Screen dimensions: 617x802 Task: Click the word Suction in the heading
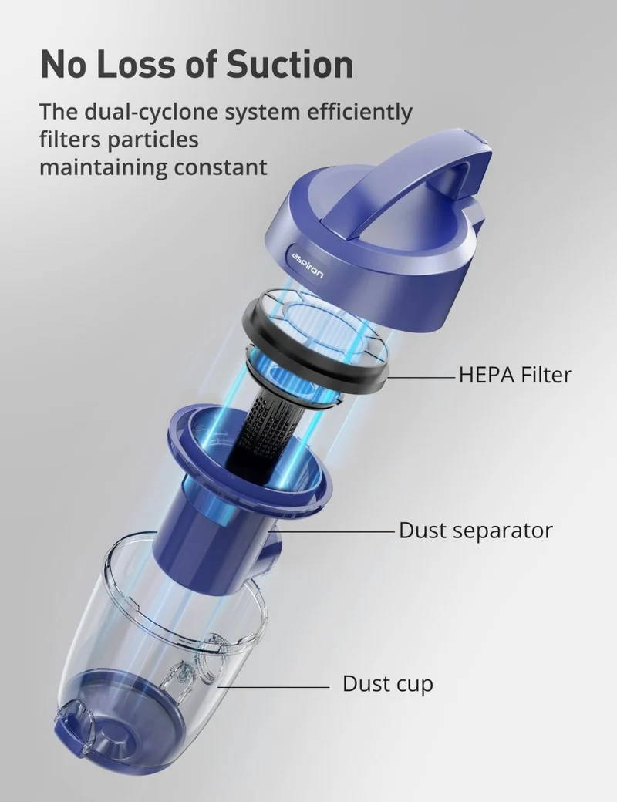(289, 64)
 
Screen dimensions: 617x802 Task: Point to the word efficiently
(359, 112)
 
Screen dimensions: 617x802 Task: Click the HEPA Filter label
(514, 375)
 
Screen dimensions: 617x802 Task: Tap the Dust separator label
(475, 531)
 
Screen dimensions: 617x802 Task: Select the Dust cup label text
(387, 684)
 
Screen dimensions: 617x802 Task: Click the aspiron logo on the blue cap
(308, 265)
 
